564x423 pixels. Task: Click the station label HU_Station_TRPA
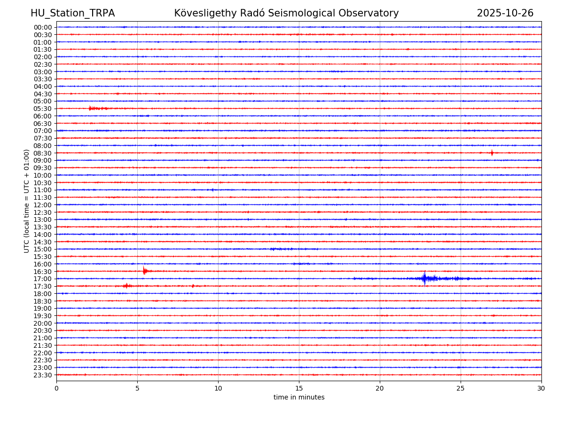click(72, 13)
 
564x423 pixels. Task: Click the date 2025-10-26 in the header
click(505, 13)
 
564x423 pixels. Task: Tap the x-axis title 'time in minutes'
click(299, 398)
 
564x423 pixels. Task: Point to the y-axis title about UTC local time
click(27, 201)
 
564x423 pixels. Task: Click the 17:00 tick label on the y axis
click(43, 279)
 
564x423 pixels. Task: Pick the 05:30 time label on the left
click(43, 109)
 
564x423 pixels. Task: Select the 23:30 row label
click(43, 375)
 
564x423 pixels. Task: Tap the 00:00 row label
click(43, 27)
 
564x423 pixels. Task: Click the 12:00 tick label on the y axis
click(43, 205)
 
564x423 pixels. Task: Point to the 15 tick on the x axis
click(299, 388)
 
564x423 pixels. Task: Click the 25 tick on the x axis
click(461, 388)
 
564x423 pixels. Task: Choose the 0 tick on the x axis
click(56, 388)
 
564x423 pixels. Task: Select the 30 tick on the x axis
click(541, 388)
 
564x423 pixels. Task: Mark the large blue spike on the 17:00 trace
click(424, 279)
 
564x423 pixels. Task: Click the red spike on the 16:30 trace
click(144, 271)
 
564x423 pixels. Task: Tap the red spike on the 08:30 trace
click(492, 153)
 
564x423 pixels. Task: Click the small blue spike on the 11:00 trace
click(212, 190)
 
